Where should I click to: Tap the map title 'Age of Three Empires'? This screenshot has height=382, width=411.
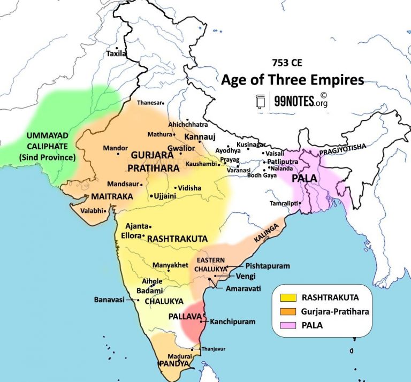coord(293,80)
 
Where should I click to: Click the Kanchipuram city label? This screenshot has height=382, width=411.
coord(229,322)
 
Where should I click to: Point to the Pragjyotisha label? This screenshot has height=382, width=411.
coord(344,154)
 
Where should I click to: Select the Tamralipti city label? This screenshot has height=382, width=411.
coord(283,204)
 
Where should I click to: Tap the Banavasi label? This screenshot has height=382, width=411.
coord(109,300)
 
